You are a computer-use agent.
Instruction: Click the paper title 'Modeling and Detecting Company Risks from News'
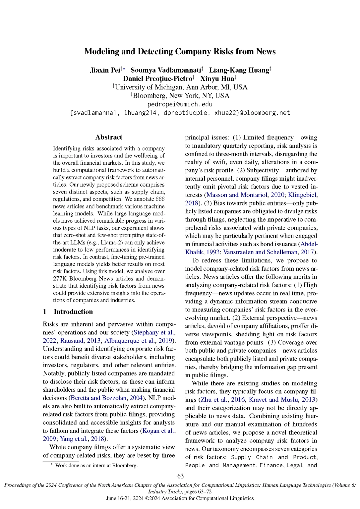pos(180,51)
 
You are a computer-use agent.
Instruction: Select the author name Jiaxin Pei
pos(105,70)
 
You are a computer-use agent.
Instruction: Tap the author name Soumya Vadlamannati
pos(166,70)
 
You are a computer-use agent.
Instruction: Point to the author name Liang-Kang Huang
pos(239,70)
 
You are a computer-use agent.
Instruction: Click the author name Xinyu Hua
pos(217,79)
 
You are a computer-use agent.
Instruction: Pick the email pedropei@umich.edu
pos(180,104)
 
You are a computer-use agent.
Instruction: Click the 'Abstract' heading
pos(109,137)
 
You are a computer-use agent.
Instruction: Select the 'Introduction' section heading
pos(73,312)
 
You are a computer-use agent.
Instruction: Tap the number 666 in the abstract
pos(160,199)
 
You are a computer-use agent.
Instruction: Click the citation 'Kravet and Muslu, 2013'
pos(282,400)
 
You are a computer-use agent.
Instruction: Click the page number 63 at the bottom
pos(180,476)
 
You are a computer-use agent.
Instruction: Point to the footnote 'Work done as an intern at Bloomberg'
pos(96,466)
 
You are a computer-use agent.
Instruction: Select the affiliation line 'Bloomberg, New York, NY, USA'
pos(181,96)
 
